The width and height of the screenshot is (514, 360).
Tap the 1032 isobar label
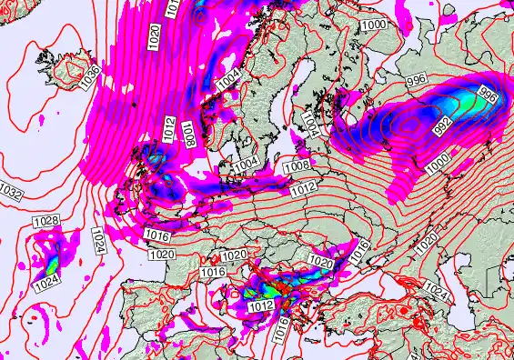tap(12, 194)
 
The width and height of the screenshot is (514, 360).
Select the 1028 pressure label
tap(45, 221)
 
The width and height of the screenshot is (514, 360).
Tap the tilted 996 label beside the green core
tap(489, 95)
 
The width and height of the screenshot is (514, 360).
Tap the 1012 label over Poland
tap(304, 187)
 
